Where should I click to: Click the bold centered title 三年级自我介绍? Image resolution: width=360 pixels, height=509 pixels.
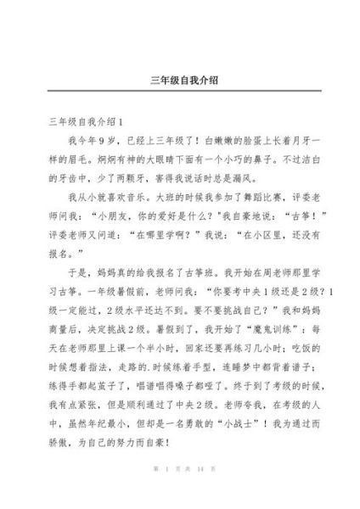pos(180,81)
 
